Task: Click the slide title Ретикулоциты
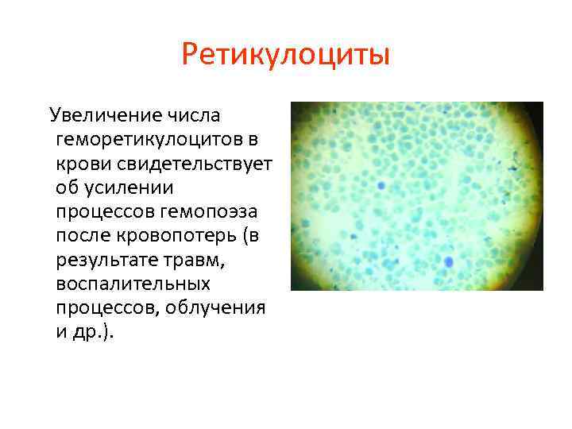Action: pyautogui.click(x=285, y=56)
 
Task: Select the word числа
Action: pyautogui.click(x=193, y=117)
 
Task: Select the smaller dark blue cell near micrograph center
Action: pyautogui.click(x=381, y=185)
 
